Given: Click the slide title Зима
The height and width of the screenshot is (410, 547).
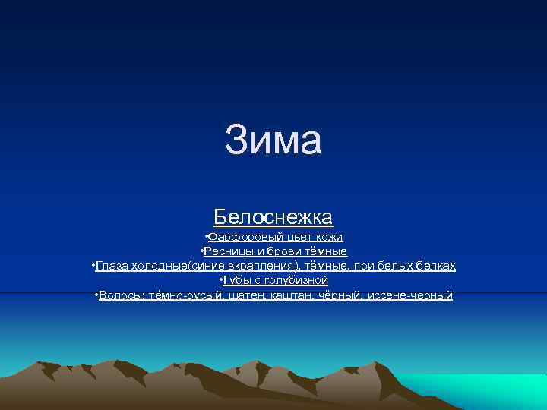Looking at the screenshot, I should [273, 140].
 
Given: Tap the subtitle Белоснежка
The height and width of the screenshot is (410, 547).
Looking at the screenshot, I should [273, 217].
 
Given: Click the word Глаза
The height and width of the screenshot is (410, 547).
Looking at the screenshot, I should [112, 266].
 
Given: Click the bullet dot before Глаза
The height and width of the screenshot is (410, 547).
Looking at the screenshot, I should [92, 265].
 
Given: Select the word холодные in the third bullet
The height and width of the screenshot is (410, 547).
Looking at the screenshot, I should [161, 266].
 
